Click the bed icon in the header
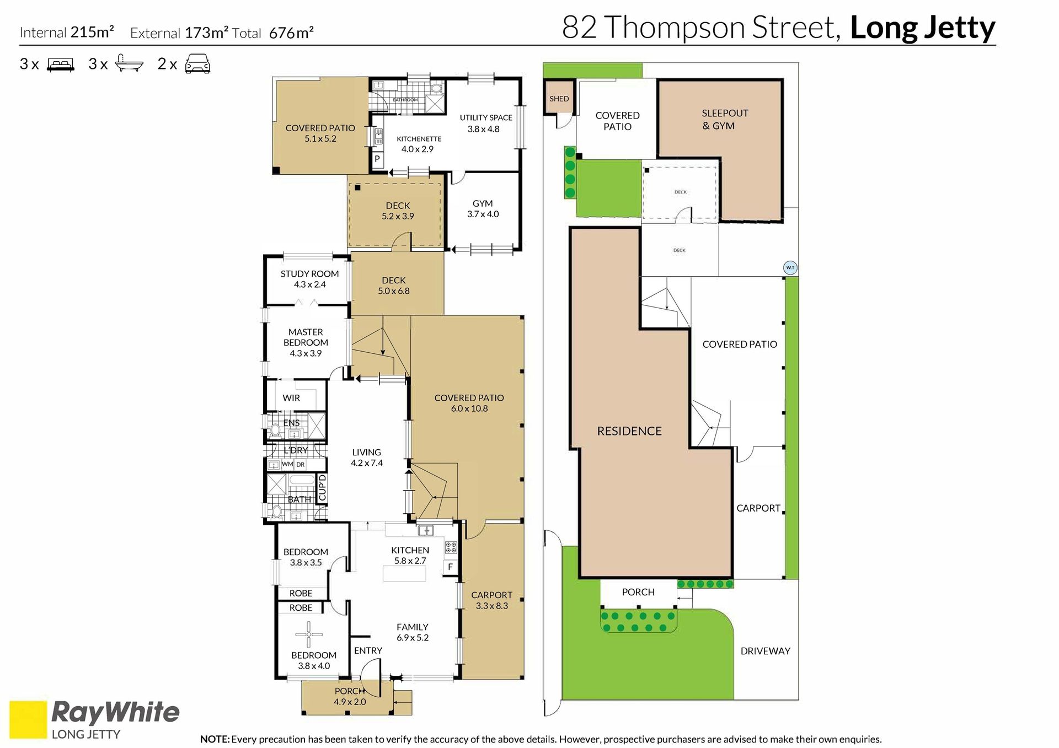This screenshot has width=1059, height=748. (61, 65)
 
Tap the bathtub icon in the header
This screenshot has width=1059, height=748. (129, 64)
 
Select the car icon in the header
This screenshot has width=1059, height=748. (197, 64)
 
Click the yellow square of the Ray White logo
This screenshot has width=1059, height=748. (28, 719)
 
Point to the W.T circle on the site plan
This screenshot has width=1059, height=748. (790, 268)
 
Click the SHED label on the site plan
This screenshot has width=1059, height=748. (559, 99)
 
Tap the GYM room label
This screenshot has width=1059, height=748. (483, 203)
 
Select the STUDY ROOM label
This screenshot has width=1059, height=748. (309, 274)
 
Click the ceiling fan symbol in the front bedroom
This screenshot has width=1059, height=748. (309, 634)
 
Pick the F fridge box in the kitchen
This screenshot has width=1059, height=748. (451, 567)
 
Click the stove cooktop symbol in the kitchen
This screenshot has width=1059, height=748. (451, 547)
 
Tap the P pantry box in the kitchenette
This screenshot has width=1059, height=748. (377, 159)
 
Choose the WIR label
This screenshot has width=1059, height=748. (291, 398)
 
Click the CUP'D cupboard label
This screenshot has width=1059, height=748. (323, 488)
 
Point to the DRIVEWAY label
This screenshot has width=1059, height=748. (766, 651)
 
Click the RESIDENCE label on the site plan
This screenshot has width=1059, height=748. (629, 431)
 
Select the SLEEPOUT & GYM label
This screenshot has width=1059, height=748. (725, 120)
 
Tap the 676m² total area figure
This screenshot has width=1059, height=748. (291, 33)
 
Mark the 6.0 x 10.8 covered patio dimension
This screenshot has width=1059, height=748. (469, 408)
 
